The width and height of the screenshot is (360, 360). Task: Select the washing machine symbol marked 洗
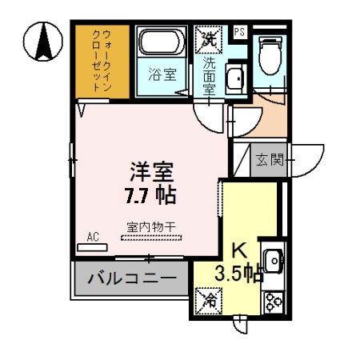[x=207, y=37]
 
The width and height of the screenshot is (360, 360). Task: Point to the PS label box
[x=239, y=32]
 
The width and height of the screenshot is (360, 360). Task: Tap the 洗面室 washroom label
[x=209, y=76]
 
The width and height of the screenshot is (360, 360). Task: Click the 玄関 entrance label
[x=269, y=158]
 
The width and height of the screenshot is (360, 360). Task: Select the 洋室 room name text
[x=153, y=172]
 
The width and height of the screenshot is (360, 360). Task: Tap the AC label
[x=93, y=237]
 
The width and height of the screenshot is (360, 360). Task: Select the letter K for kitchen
[x=239, y=251]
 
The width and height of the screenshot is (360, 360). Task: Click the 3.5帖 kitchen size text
[x=238, y=274]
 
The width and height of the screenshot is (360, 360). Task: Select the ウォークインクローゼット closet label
[x=102, y=62]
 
